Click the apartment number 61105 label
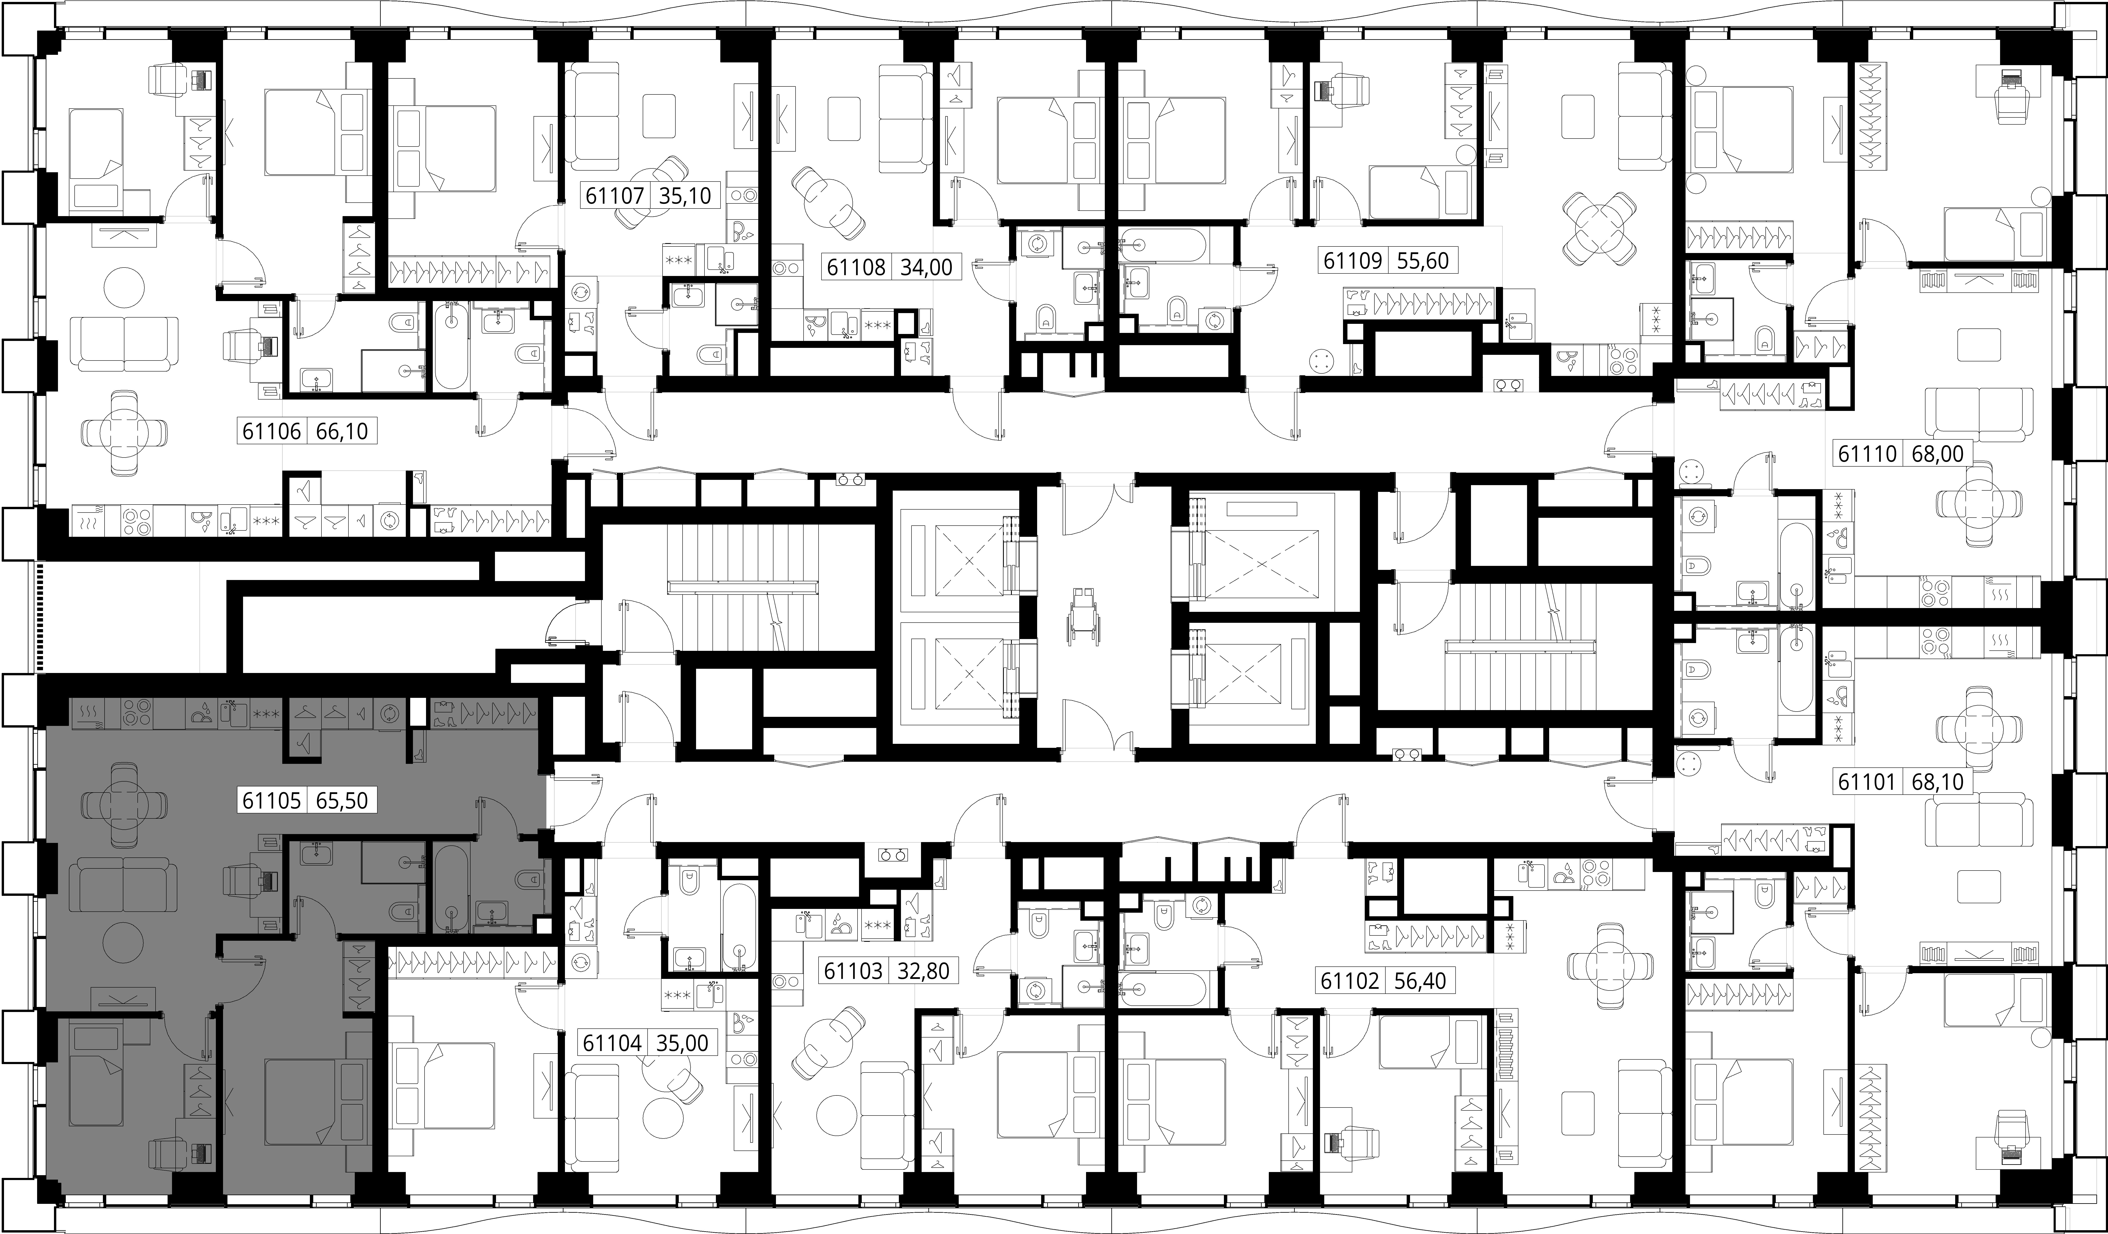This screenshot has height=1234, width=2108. pyautogui.click(x=271, y=801)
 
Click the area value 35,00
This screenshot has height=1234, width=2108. pyautogui.click(x=683, y=1043)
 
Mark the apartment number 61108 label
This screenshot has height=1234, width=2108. pyautogui.click(x=856, y=268)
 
